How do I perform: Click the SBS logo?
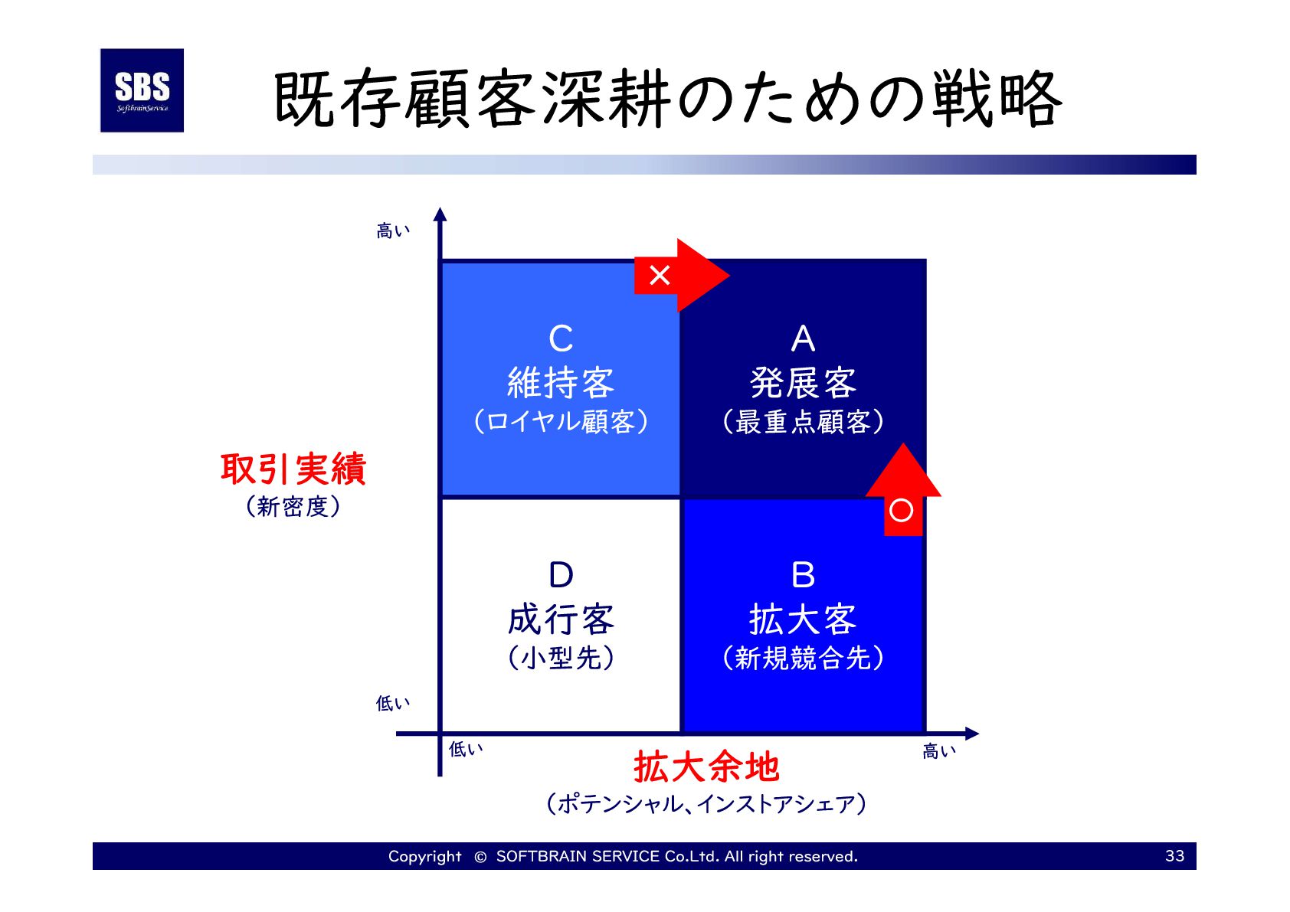(142, 90)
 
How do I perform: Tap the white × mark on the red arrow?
(660, 275)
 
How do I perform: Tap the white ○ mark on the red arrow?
(902, 510)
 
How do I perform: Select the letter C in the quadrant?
(561, 339)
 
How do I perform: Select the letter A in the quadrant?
(803, 339)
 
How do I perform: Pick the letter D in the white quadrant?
(561, 575)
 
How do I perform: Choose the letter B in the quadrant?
(803, 575)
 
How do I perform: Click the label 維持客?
(561, 383)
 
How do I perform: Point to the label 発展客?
(803, 383)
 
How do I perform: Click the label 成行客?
(561, 619)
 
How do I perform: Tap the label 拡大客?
(803, 619)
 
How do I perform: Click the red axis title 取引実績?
(293, 469)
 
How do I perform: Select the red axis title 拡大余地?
(706, 767)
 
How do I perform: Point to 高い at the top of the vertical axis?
(393, 230)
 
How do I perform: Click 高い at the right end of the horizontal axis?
(939, 751)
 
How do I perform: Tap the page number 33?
(1174, 856)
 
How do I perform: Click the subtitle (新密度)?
(293, 506)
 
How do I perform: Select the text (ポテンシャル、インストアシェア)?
(706, 804)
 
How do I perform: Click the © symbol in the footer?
(480, 857)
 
